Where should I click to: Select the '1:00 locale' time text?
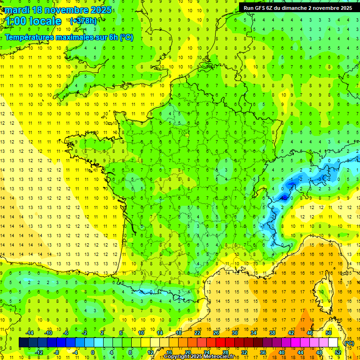33,21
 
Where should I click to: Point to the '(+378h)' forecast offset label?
83,21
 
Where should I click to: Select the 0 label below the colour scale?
93,352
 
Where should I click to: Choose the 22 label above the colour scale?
197,333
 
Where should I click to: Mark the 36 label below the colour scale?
263,352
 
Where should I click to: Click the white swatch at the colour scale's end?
333,343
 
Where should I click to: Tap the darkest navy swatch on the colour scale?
23,343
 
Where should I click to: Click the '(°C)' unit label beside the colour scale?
349,343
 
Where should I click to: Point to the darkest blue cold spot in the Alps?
284,197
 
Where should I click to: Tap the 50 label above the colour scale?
329,333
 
